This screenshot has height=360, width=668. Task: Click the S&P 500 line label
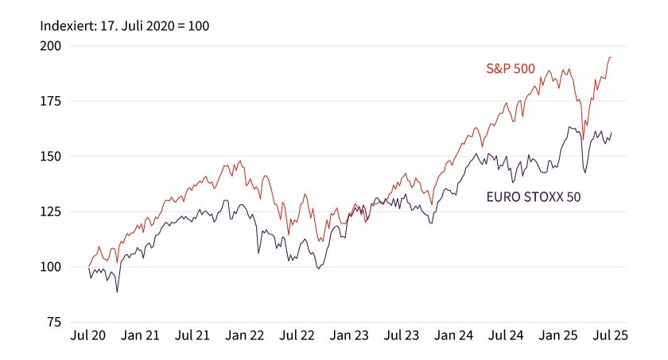[511, 68]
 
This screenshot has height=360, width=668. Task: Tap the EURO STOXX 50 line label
[534, 197]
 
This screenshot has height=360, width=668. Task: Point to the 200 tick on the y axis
[51, 46]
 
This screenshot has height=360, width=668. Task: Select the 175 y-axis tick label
[51, 101]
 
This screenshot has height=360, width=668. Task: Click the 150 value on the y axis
[51, 157]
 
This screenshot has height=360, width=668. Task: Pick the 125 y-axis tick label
[51, 211]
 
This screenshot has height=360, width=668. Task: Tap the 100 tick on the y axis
[51, 267]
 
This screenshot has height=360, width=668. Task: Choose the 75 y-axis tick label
[54, 322]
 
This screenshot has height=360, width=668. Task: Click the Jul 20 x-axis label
[87, 335]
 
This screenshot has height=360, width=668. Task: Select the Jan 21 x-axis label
[140, 335]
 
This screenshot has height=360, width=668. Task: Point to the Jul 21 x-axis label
[192, 335]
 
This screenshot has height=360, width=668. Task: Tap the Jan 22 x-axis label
[245, 335]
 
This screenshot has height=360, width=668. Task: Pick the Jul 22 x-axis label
[297, 335]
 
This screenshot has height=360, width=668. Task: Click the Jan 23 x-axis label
[349, 335]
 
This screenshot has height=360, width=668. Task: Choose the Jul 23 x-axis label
[402, 335]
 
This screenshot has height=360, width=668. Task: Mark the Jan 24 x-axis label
[454, 335]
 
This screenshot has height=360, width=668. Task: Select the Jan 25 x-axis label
[558, 335]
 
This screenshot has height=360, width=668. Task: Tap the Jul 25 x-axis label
[611, 335]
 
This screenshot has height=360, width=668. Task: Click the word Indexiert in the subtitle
[68, 26]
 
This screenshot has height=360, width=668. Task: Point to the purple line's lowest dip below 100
[117, 292]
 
